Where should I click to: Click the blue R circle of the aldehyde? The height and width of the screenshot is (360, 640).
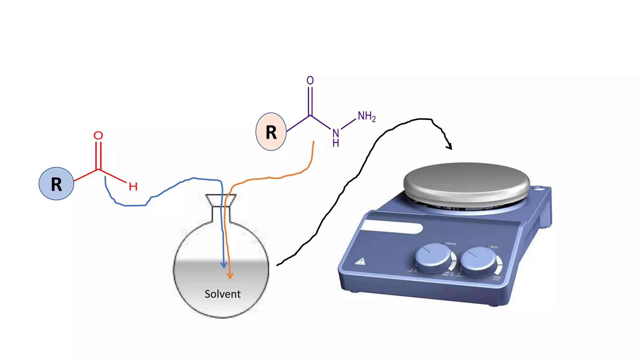tap(56, 184)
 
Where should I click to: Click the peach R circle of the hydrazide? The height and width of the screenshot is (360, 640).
tap(271, 132)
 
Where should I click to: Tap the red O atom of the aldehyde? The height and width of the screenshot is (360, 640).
tap(98, 135)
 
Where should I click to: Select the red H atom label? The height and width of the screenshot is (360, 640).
tap(133, 187)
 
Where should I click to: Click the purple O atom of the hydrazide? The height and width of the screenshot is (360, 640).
tap(310, 81)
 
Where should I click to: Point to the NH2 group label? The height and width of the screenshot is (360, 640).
tap(367, 116)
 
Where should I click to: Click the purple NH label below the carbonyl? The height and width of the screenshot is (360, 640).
tap(336, 137)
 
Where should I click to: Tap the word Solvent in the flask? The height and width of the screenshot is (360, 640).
tap(222, 294)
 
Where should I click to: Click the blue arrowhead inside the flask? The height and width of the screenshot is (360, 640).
tap(224, 265)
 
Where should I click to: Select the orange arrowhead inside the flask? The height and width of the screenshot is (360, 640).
tap(230, 276)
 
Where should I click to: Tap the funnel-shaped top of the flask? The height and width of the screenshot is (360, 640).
tap(221, 200)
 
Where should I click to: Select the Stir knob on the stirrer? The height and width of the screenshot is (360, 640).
tap(477, 261)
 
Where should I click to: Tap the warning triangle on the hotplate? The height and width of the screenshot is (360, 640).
tap(361, 262)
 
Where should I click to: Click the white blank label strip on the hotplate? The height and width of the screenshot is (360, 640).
tap(392, 227)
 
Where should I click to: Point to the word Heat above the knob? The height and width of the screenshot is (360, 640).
tap(451, 243)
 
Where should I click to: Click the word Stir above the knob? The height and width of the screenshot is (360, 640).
tap(494, 247)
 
